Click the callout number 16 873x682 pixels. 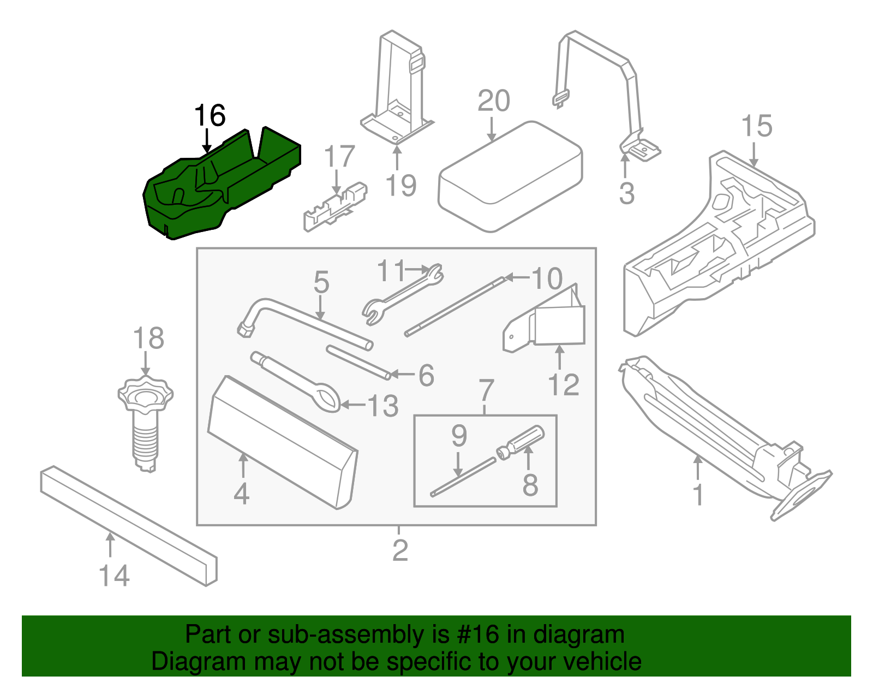click(x=210, y=116)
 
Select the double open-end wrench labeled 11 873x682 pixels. click(x=403, y=293)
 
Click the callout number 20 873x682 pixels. click(x=493, y=101)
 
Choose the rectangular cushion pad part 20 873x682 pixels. click(x=510, y=175)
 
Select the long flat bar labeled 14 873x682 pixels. click(x=128, y=524)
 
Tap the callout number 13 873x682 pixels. click(x=383, y=406)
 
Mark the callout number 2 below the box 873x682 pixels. click(x=400, y=550)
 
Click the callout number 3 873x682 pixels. click(x=626, y=193)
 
